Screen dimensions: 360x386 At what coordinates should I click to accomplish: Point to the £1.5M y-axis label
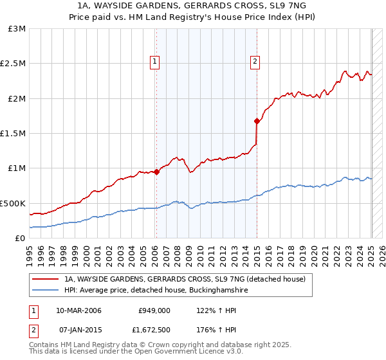[x=13, y=134]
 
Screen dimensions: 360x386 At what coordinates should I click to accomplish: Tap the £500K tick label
[x=14, y=203]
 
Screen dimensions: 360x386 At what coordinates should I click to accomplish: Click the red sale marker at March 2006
[x=156, y=172]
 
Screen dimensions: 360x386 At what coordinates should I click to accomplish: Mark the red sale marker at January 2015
[x=257, y=121]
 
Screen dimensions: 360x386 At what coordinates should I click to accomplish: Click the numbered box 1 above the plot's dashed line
[x=156, y=62]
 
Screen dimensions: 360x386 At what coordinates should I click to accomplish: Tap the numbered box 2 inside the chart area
[x=255, y=62]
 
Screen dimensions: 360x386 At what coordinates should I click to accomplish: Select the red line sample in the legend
[x=45, y=279]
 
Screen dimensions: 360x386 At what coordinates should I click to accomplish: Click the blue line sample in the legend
[x=45, y=291]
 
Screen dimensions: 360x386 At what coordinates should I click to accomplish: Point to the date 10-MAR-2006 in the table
[x=78, y=310]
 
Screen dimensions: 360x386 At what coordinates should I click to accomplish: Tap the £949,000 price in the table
[x=154, y=310]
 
